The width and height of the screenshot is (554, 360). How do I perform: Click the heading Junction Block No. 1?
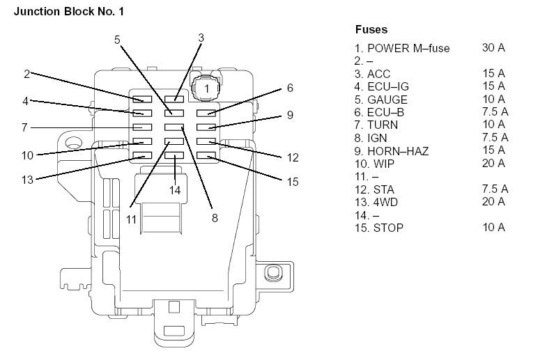[x=69, y=12]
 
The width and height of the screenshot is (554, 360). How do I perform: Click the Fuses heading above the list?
[x=371, y=29]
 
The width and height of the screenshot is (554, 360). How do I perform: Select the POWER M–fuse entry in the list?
[x=408, y=48]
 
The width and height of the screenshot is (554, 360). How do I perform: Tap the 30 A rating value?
[x=493, y=47]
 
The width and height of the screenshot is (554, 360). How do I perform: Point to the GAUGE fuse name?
[x=387, y=100]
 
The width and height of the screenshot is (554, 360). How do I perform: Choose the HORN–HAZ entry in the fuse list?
[x=398, y=151]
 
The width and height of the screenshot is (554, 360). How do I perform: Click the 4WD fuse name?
[x=385, y=202]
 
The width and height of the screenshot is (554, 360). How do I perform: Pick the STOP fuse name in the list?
[x=388, y=228]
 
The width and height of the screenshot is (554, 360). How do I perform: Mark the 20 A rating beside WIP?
[x=493, y=164]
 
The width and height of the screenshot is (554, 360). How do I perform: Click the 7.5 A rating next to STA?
[x=495, y=189]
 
